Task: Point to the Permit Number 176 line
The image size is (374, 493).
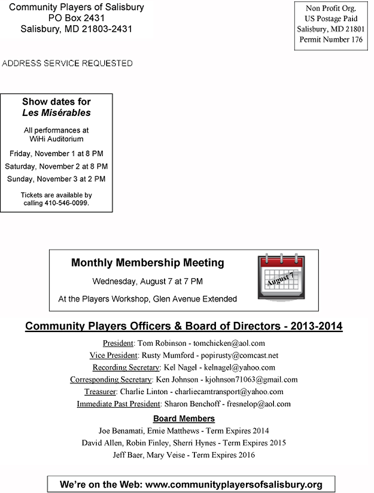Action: click(331, 39)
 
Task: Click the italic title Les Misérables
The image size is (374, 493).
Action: click(57, 113)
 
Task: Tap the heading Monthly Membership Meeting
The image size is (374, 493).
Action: click(147, 262)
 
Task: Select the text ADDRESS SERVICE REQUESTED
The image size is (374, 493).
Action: click(67, 63)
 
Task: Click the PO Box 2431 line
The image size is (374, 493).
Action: click(77, 18)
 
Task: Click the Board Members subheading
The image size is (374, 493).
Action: click(184, 418)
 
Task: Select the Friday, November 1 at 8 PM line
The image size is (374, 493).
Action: click(57, 153)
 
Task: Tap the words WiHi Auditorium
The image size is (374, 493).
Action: click(57, 139)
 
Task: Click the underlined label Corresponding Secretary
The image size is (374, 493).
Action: click(111, 379)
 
